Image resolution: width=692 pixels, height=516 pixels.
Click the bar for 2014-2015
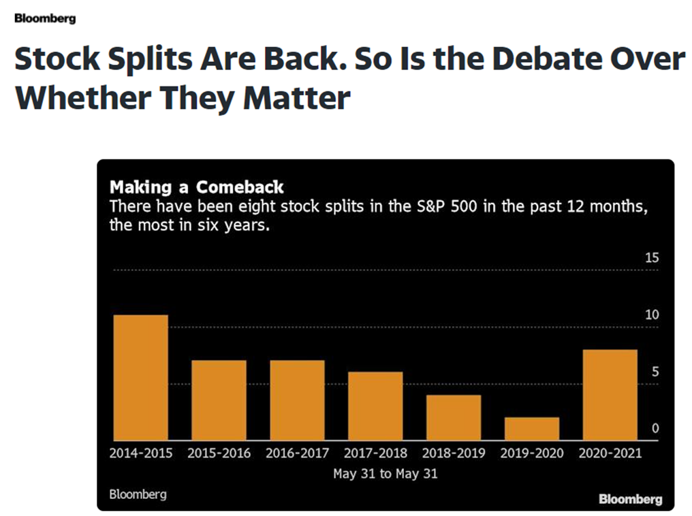(x=140, y=377)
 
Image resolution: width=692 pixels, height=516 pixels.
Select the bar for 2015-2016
(x=219, y=400)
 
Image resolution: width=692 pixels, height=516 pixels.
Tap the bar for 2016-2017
(x=297, y=400)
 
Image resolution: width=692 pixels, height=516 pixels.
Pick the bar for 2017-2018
(x=375, y=406)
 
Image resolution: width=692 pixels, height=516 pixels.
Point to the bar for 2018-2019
(x=454, y=417)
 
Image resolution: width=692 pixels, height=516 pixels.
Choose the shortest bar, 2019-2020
(x=532, y=429)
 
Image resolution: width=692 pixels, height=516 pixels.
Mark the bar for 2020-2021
(x=610, y=395)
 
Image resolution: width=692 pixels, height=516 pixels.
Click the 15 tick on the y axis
(x=652, y=258)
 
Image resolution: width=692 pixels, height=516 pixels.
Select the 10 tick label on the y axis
(x=652, y=315)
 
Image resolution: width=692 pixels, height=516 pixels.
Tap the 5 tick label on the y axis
(x=655, y=372)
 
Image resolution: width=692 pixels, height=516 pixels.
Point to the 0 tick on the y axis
(x=655, y=429)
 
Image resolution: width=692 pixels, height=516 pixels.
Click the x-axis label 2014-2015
(x=141, y=453)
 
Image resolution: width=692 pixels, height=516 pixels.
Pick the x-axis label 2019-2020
(x=532, y=453)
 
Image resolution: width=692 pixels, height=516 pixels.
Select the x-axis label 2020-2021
(x=610, y=453)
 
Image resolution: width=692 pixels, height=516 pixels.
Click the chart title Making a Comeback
(x=197, y=187)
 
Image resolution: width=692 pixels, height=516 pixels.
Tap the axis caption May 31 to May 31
(x=386, y=474)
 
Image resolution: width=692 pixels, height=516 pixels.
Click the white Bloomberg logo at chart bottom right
(x=630, y=500)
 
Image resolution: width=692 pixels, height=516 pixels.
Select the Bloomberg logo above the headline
(x=45, y=18)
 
